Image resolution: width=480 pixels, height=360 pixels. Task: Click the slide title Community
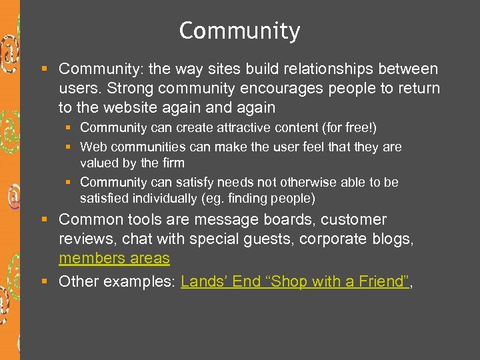pyautogui.click(x=239, y=31)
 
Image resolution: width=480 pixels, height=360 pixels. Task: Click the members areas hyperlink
pyautogui.click(x=114, y=258)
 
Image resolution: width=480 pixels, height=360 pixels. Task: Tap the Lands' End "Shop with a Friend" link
pyautogui.click(x=294, y=281)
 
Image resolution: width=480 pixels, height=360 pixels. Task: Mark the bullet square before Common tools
pyautogui.click(x=44, y=219)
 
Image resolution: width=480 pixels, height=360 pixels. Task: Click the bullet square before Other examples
pyautogui.click(x=44, y=281)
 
